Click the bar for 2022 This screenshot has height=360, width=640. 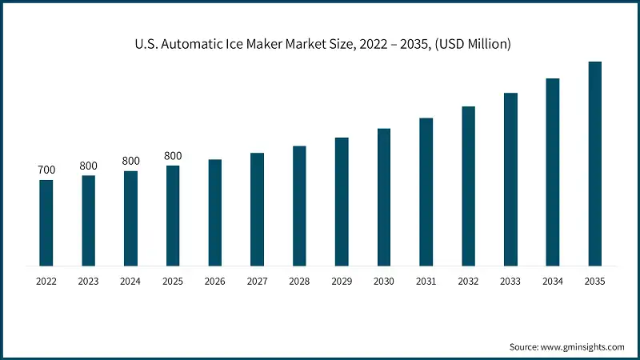(46, 222)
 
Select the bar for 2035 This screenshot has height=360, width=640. (594, 163)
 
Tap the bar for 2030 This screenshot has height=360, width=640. (384, 197)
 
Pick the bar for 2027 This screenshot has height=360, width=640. (257, 209)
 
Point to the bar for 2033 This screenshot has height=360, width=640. (510, 179)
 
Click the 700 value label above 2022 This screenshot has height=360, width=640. (46, 170)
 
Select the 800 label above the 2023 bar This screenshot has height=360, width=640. (88, 166)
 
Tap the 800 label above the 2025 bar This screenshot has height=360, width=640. (173, 156)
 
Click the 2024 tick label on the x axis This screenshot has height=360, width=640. (130, 281)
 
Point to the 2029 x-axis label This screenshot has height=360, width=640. (342, 281)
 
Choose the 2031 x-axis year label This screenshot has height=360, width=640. (426, 281)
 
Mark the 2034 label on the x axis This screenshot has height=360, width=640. (552, 281)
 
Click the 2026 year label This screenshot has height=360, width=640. (214, 281)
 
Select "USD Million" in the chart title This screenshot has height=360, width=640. (472, 45)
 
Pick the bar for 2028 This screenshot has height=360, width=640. (299, 206)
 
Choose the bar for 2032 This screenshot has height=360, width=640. (468, 186)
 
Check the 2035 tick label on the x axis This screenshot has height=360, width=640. (594, 281)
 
